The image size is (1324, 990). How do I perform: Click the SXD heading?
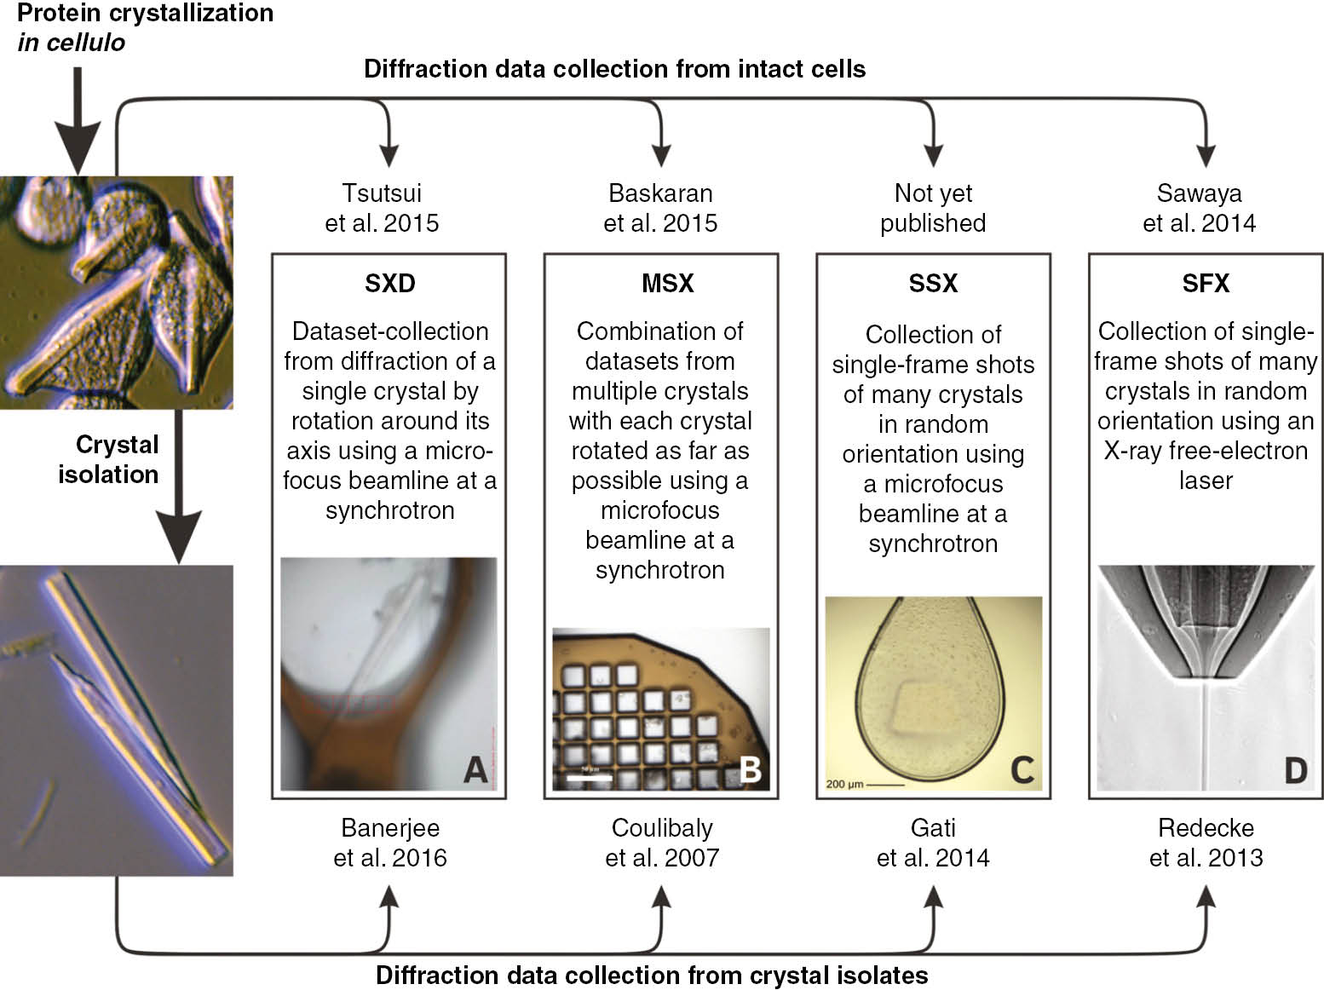(x=389, y=283)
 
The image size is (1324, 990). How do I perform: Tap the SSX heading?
(x=933, y=283)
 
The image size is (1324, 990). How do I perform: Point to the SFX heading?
(x=1206, y=283)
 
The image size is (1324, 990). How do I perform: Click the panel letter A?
(x=475, y=769)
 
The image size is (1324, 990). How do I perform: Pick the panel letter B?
(x=750, y=769)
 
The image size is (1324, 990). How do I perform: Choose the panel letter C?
(x=1022, y=769)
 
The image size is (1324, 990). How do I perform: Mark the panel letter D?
(x=1294, y=769)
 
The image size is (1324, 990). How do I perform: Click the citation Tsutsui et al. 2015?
(x=382, y=208)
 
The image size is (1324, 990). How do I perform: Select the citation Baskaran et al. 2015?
(x=660, y=208)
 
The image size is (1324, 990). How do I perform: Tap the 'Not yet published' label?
(x=933, y=208)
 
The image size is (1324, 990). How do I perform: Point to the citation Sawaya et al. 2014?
(x=1199, y=208)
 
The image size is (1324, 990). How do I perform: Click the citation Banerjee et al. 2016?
(x=390, y=842)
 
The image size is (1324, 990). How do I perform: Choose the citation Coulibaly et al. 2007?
(x=662, y=842)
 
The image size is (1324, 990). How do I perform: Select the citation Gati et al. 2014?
(x=933, y=842)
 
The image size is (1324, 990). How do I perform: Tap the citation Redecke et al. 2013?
(x=1206, y=842)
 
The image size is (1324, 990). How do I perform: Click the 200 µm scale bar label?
(x=845, y=783)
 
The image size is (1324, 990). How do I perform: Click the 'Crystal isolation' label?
(x=109, y=459)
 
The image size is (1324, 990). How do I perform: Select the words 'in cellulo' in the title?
(x=71, y=43)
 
